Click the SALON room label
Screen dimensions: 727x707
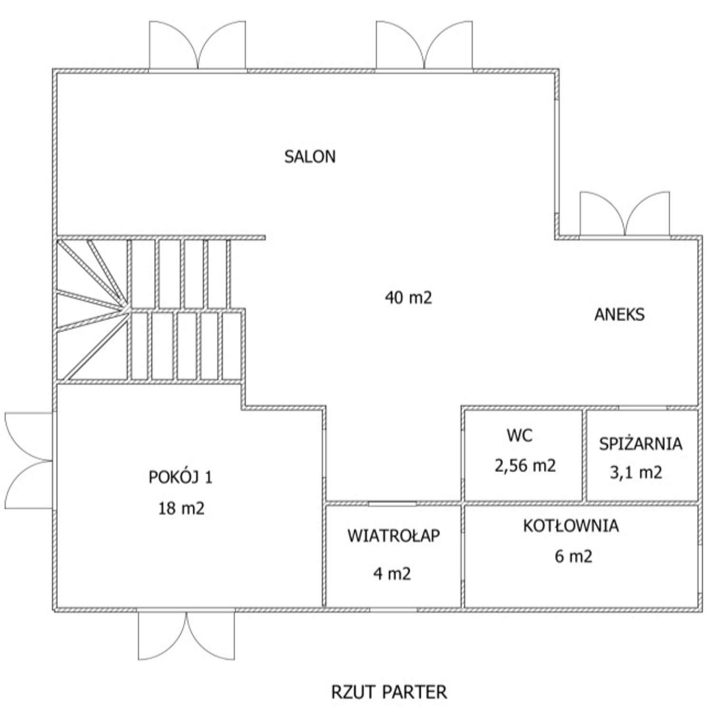pyautogui.click(x=310, y=156)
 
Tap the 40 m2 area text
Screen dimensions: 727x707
pyautogui.click(x=408, y=297)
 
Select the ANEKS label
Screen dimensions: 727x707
pyautogui.click(x=620, y=314)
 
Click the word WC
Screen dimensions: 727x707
pyautogui.click(x=520, y=435)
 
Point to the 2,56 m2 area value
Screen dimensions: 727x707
pyautogui.click(x=525, y=466)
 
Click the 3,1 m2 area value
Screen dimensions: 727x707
pyautogui.click(x=636, y=473)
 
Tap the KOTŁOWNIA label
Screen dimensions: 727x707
pyautogui.click(x=571, y=525)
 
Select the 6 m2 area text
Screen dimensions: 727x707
pyautogui.click(x=574, y=556)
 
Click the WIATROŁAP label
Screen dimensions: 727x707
pyautogui.click(x=393, y=535)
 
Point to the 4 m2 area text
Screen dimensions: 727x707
pyautogui.click(x=392, y=573)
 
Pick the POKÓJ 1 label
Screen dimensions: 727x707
pyautogui.click(x=181, y=477)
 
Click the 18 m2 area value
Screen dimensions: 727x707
pyautogui.click(x=181, y=508)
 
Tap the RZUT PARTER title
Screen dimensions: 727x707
pyautogui.click(x=389, y=692)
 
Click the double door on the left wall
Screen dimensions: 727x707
pyautogui.click(x=29, y=461)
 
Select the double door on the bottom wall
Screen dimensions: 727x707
pyautogui.click(x=186, y=634)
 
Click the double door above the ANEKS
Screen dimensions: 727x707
pyautogui.click(x=625, y=214)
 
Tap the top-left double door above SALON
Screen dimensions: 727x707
pyautogui.click(x=198, y=46)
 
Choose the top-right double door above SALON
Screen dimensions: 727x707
pyautogui.click(x=424, y=46)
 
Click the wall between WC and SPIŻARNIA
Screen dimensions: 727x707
pyautogui.click(x=584, y=455)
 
